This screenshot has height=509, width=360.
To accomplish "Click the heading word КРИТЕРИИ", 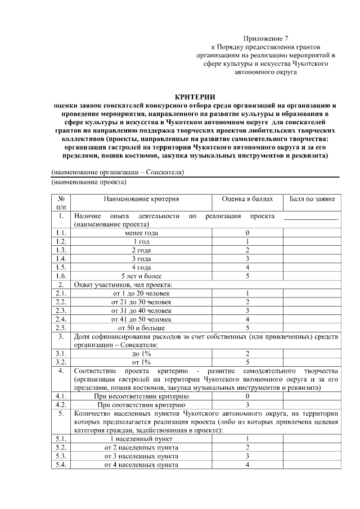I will tap(195, 97).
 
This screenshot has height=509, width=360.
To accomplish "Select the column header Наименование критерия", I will tap(141, 199).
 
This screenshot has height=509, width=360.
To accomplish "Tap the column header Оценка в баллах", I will tap(247, 199).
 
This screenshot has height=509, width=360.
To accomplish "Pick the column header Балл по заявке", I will tap(312, 199).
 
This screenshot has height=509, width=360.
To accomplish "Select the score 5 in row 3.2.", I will tap(247, 362).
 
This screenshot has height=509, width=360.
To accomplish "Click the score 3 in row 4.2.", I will tap(247, 404).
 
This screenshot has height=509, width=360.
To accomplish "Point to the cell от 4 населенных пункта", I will tap(141, 465).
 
